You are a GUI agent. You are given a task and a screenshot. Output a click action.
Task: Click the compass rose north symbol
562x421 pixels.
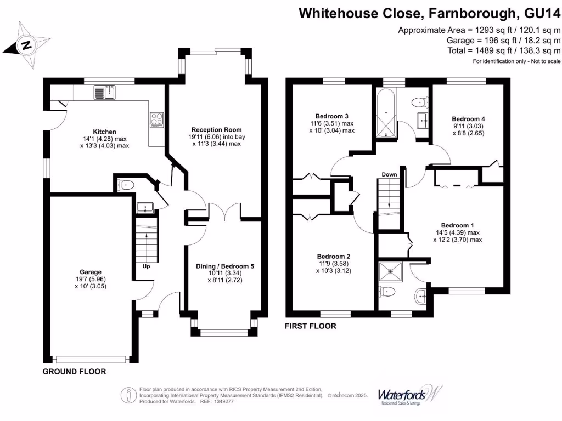(x=26, y=45)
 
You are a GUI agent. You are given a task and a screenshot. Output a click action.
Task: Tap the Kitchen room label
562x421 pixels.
(x=104, y=132)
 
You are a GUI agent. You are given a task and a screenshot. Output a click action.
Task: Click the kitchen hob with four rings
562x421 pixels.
(x=156, y=120)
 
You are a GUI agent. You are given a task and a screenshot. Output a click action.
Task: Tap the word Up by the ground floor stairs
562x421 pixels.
(x=147, y=267)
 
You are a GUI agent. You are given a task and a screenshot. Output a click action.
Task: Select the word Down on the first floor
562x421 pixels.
(x=390, y=174)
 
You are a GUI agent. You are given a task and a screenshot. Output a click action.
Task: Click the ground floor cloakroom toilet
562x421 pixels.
(x=127, y=185)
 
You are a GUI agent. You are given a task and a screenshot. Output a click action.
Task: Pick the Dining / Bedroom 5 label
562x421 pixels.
(x=225, y=266)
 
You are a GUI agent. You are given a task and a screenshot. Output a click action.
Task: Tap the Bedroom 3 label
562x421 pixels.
(x=331, y=116)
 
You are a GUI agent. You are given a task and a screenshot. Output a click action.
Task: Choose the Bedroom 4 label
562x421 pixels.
(x=468, y=118)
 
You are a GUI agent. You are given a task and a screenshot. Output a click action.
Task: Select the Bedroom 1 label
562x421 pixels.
(x=457, y=225)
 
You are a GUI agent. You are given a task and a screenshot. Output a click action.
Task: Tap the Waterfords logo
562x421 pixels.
(x=409, y=395)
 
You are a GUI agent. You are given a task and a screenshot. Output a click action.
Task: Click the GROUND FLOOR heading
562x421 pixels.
(x=74, y=372)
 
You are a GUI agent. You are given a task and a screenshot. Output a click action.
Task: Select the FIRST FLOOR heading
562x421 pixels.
(x=310, y=326)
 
